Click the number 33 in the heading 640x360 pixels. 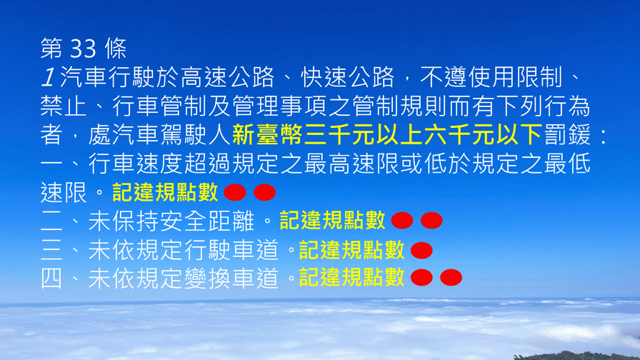tap(84, 49)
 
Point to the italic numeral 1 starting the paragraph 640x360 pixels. tap(49, 77)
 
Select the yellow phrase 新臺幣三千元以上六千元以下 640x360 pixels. tap(387, 135)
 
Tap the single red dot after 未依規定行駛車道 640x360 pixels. tap(421, 250)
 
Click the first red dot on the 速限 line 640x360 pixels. tap(235, 192)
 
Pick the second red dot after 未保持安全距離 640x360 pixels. tap(431, 221)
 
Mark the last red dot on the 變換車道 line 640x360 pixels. tap(451, 278)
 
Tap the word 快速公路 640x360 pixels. tap(348, 77)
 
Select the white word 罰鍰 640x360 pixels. tap(567, 135)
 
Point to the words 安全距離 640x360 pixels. tap(207, 221)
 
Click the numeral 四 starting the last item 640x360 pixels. tap(51, 278)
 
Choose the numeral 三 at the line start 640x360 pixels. tap(51, 250)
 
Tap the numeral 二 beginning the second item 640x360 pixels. tap(51, 221)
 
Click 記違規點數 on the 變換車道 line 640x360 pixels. tap(352, 278)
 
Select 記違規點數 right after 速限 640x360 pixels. tap(165, 192)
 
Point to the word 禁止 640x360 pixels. tap(64, 106)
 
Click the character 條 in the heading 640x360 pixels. tap(116, 49)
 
